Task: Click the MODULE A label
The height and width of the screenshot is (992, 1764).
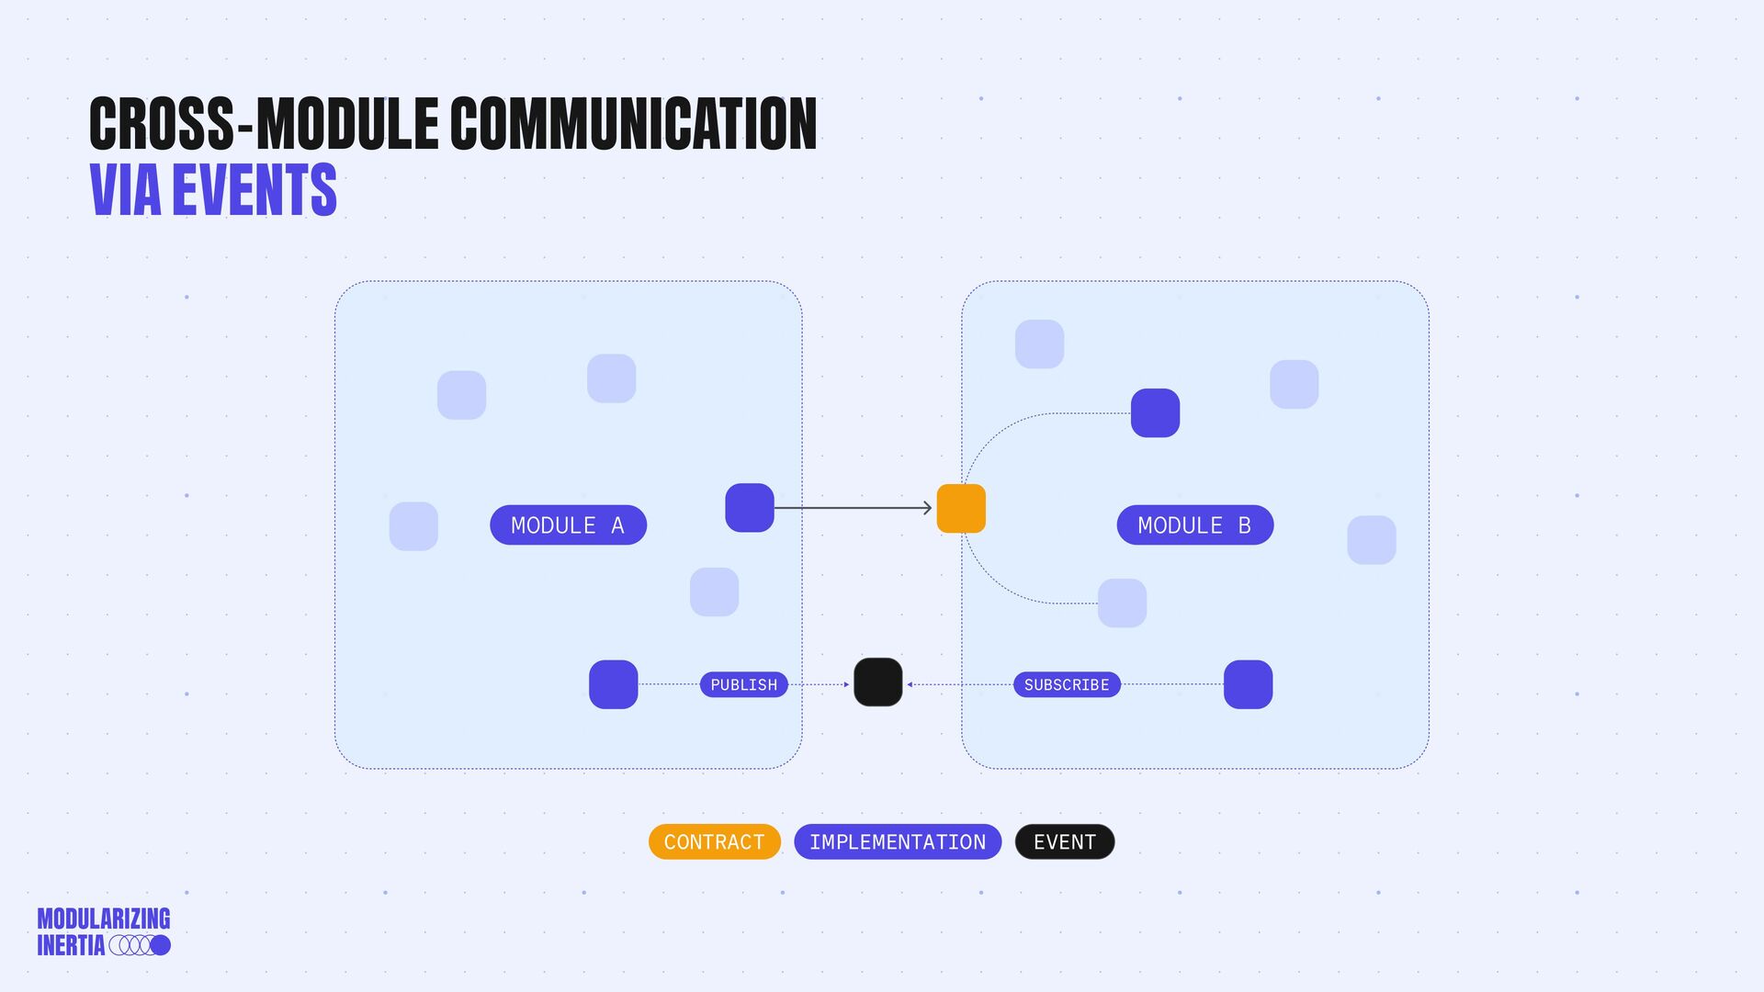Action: coord(568,525)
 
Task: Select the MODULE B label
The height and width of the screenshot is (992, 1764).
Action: coord(1194,525)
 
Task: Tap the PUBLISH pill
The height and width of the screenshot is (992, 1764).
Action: coord(743,685)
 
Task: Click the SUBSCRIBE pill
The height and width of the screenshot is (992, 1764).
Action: coord(1066,685)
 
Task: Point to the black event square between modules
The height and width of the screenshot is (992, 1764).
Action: coord(877,682)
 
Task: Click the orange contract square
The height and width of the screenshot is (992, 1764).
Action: coord(961,509)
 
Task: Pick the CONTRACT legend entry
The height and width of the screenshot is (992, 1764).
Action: coord(714,842)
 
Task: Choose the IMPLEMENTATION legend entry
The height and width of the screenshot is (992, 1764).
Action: coord(897,842)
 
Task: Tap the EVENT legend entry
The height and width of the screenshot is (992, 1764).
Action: coord(1064,842)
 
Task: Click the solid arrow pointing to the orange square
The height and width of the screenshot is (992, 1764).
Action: coord(853,508)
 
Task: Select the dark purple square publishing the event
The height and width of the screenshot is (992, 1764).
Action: coord(613,684)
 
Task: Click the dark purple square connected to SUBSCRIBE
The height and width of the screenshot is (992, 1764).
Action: coord(1248,684)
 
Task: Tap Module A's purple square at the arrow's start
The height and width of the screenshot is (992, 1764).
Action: coord(750,508)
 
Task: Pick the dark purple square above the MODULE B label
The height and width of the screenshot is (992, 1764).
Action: coord(1155,413)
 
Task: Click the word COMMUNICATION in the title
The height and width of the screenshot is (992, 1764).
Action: coord(633,124)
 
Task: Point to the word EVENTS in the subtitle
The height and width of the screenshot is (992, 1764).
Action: coord(254,190)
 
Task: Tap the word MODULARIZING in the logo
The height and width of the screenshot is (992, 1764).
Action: coord(104,919)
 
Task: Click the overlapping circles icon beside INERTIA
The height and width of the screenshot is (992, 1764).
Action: coord(140,945)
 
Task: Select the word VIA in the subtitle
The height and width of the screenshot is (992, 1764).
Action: coord(126,190)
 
